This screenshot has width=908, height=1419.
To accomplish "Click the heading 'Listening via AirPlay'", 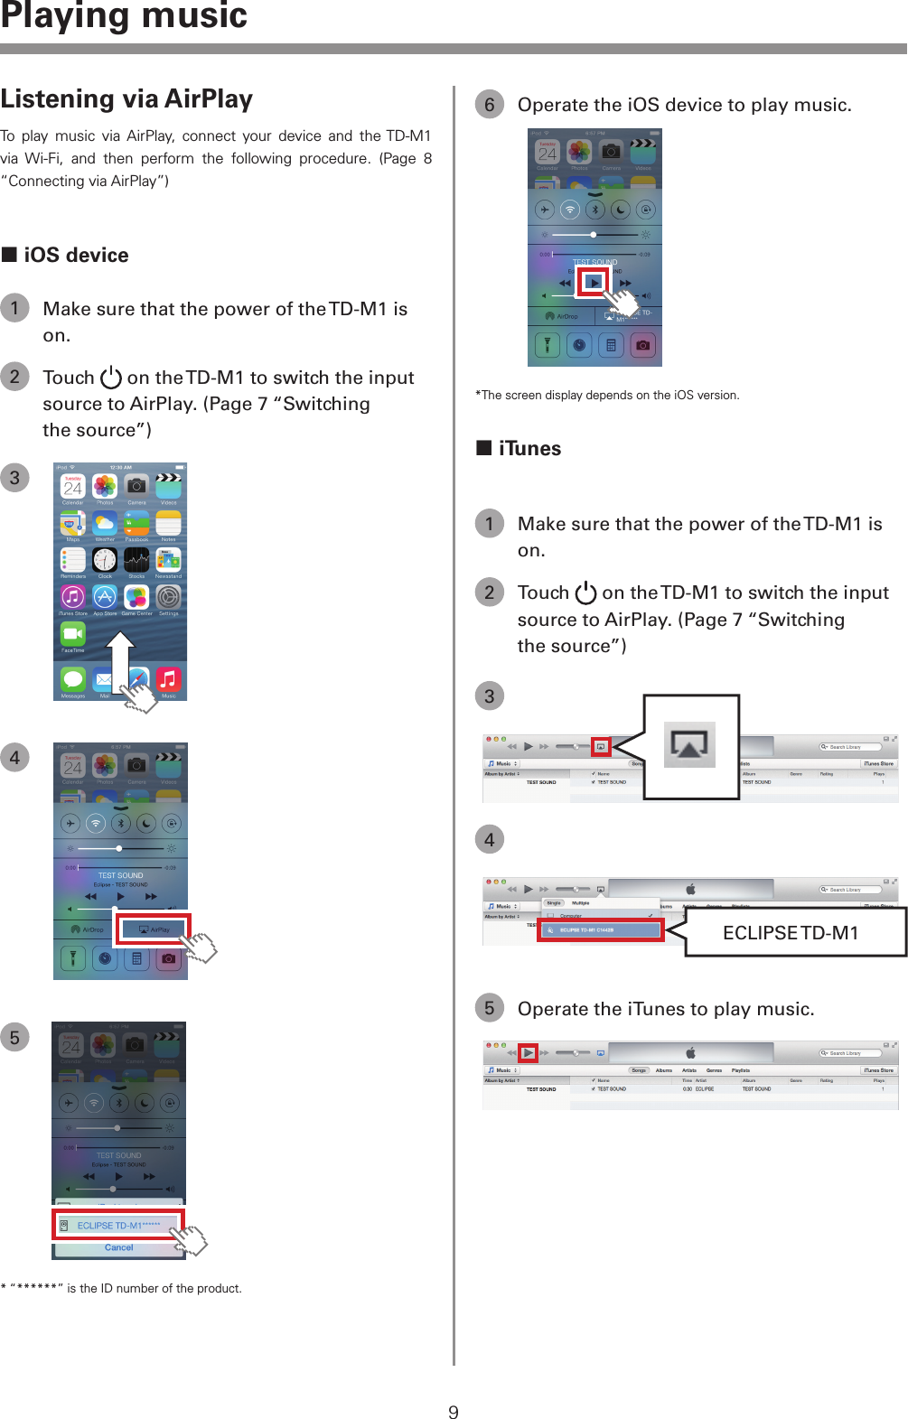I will pos(126,99).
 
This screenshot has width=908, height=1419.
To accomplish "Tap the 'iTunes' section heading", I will pos(529,449).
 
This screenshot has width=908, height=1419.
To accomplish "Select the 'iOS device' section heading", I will pos(76,256).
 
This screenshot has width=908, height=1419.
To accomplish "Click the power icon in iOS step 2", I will pos(110,378).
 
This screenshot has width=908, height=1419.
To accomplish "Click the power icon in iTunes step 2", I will pos(585,593).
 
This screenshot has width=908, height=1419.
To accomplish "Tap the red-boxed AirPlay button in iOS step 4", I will pos(152,929).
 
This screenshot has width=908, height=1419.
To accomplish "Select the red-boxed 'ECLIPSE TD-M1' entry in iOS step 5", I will pos(117,1226).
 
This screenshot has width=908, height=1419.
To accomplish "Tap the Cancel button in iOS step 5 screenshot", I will pos(118,1248).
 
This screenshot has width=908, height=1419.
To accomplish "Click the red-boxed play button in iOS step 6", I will pos(593,283).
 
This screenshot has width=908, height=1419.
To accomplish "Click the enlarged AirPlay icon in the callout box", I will pos(689,745).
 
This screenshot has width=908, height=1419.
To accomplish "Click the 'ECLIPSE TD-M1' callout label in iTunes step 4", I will pos(791,933).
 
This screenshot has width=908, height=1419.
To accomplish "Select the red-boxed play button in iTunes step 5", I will pos(529,1053).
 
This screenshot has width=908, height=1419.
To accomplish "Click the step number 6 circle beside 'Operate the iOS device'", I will pos(489,105).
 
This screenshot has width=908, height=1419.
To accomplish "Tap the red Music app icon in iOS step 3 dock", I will pos(169,679).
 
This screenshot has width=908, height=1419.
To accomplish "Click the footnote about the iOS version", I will pos(607,395).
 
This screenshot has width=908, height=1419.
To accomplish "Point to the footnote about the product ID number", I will pos(121,1289).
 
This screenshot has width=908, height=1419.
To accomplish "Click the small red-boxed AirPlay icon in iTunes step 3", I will pos(601,747).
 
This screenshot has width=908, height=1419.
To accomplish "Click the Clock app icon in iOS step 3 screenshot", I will pos(105,560).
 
